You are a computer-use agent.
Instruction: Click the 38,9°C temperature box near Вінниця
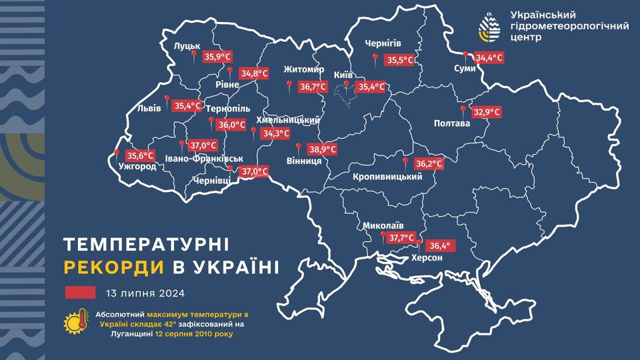(x=322, y=150)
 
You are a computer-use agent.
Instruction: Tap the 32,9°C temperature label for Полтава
(x=487, y=112)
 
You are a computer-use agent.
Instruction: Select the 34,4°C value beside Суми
(x=489, y=58)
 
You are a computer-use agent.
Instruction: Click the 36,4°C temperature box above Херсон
(x=438, y=245)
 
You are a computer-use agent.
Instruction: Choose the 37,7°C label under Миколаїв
(x=402, y=237)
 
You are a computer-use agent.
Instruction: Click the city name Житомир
(x=303, y=70)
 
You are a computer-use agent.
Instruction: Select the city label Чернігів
(x=383, y=44)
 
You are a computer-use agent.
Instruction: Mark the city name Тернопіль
(x=228, y=108)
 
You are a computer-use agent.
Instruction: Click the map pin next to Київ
(x=345, y=84)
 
